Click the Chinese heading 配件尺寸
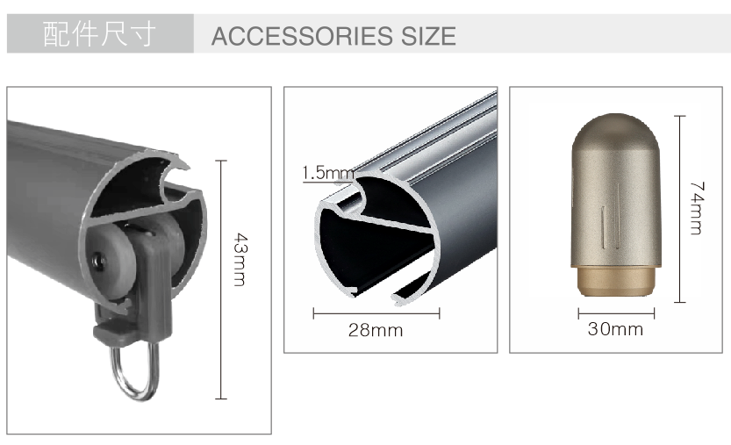click(x=99, y=34)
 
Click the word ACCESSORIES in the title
click(x=302, y=36)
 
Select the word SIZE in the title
click(x=428, y=36)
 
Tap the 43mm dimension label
click(x=240, y=259)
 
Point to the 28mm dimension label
click(x=376, y=330)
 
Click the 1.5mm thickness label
click(x=328, y=173)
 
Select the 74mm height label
click(x=697, y=208)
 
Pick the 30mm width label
click(x=615, y=329)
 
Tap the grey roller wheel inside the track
click(x=112, y=262)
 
